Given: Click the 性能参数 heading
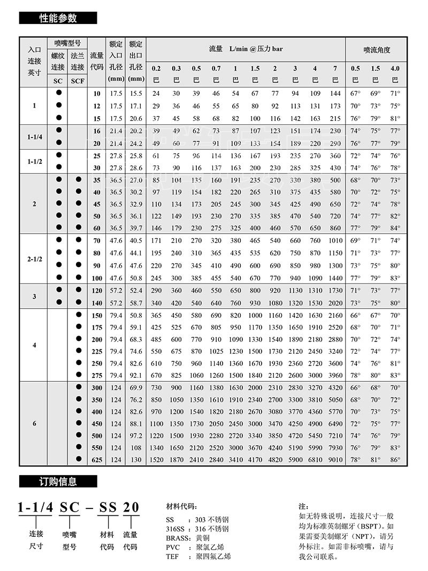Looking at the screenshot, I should [58, 19].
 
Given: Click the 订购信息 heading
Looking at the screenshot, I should [58, 482].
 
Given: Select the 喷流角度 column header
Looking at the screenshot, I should [377, 49].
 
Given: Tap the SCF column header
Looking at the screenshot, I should [78, 81].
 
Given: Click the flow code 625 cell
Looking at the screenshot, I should [96, 459].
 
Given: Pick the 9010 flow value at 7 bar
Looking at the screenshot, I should [335, 459].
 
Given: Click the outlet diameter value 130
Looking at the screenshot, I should [136, 459].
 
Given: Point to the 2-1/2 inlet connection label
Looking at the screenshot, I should [34, 259].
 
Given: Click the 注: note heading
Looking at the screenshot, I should [303, 506].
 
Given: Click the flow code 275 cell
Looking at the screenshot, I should [96, 375].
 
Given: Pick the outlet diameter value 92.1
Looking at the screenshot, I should [136, 375].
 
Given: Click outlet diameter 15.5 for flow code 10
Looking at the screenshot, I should [136, 94].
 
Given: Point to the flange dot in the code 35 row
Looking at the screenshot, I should [78, 180].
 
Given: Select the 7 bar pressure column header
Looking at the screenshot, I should [335, 68].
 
